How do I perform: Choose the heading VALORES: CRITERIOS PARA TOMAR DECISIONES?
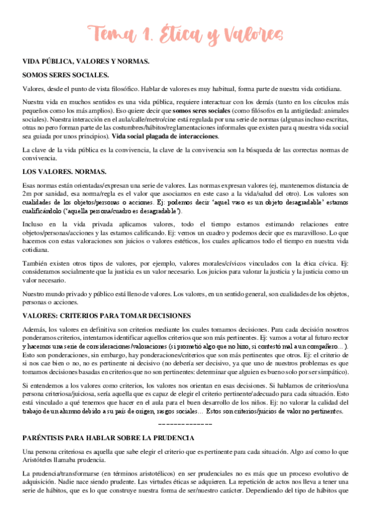pyautogui.click(x=107, y=315)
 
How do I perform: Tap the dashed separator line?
pyautogui.click(x=185, y=406)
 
